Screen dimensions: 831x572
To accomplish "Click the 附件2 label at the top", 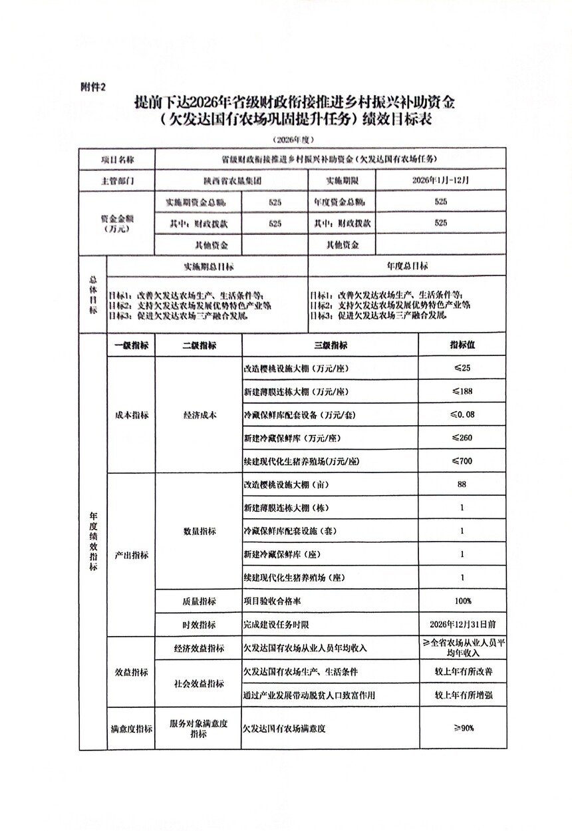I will pos(92,86).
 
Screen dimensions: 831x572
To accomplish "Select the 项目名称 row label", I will pos(117,160).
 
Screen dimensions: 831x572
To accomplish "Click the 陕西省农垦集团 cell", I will pos(232,181).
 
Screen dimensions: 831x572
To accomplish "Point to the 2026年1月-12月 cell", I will pos(440,181).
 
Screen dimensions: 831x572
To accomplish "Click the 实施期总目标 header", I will pos(208,265).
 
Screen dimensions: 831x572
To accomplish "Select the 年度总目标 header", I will pos(407,265).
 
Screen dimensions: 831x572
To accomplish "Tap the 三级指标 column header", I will pos(330,345).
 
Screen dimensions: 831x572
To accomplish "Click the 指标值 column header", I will pos(462,345).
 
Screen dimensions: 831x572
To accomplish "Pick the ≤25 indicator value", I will pos(462,368).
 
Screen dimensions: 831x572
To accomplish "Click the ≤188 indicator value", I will pos(462,391).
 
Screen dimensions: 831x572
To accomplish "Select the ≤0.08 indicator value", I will pos(462,415).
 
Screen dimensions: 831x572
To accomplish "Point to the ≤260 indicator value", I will pos(462,438).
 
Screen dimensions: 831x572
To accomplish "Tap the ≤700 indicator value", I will pos(462,461).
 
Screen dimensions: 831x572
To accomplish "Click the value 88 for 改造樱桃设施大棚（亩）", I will pos(462,484).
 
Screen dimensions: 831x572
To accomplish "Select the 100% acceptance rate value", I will pos(462,601).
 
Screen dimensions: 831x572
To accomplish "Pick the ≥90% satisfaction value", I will pos(462,728).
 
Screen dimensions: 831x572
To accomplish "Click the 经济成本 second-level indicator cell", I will pos(199,415).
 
